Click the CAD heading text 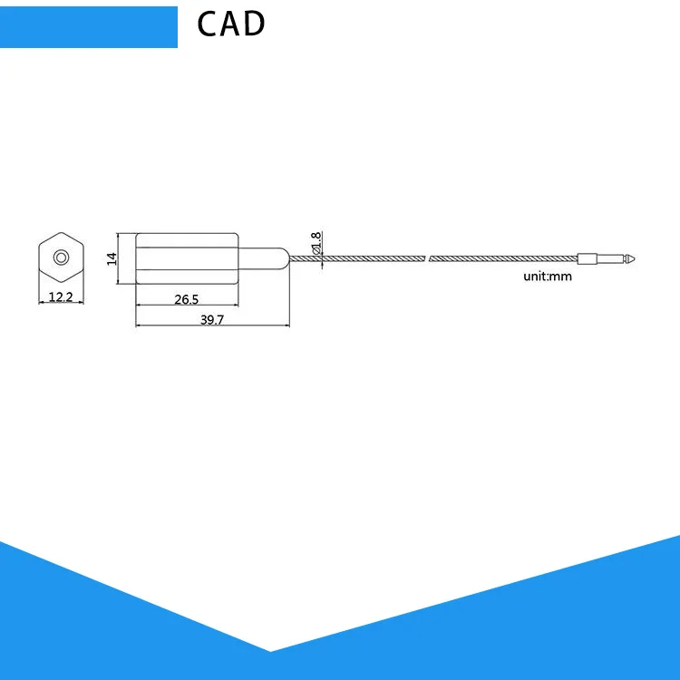click(231, 24)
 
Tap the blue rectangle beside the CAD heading click(88, 26)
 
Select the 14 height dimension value click(112, 257)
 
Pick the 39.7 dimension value click(213, 319)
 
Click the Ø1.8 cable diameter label click(316, 242)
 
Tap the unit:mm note click(548, 277)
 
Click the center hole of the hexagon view click(61, 257)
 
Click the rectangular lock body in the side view click(186, 257)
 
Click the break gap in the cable click(427, 258)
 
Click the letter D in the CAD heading click(253, 24)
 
